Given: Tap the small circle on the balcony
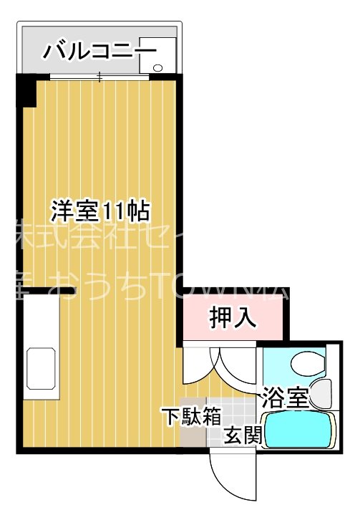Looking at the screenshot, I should point(157,68).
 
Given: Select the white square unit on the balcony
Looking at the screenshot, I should point(157,54).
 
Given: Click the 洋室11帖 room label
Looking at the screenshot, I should point(99,211).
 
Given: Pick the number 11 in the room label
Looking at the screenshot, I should point(114,211).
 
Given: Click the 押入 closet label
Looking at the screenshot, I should point(233,317).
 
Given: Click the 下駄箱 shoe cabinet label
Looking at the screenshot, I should point(190,417).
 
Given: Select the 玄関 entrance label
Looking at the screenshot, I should point(241,435).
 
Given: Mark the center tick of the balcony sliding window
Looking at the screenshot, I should point(99,77).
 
